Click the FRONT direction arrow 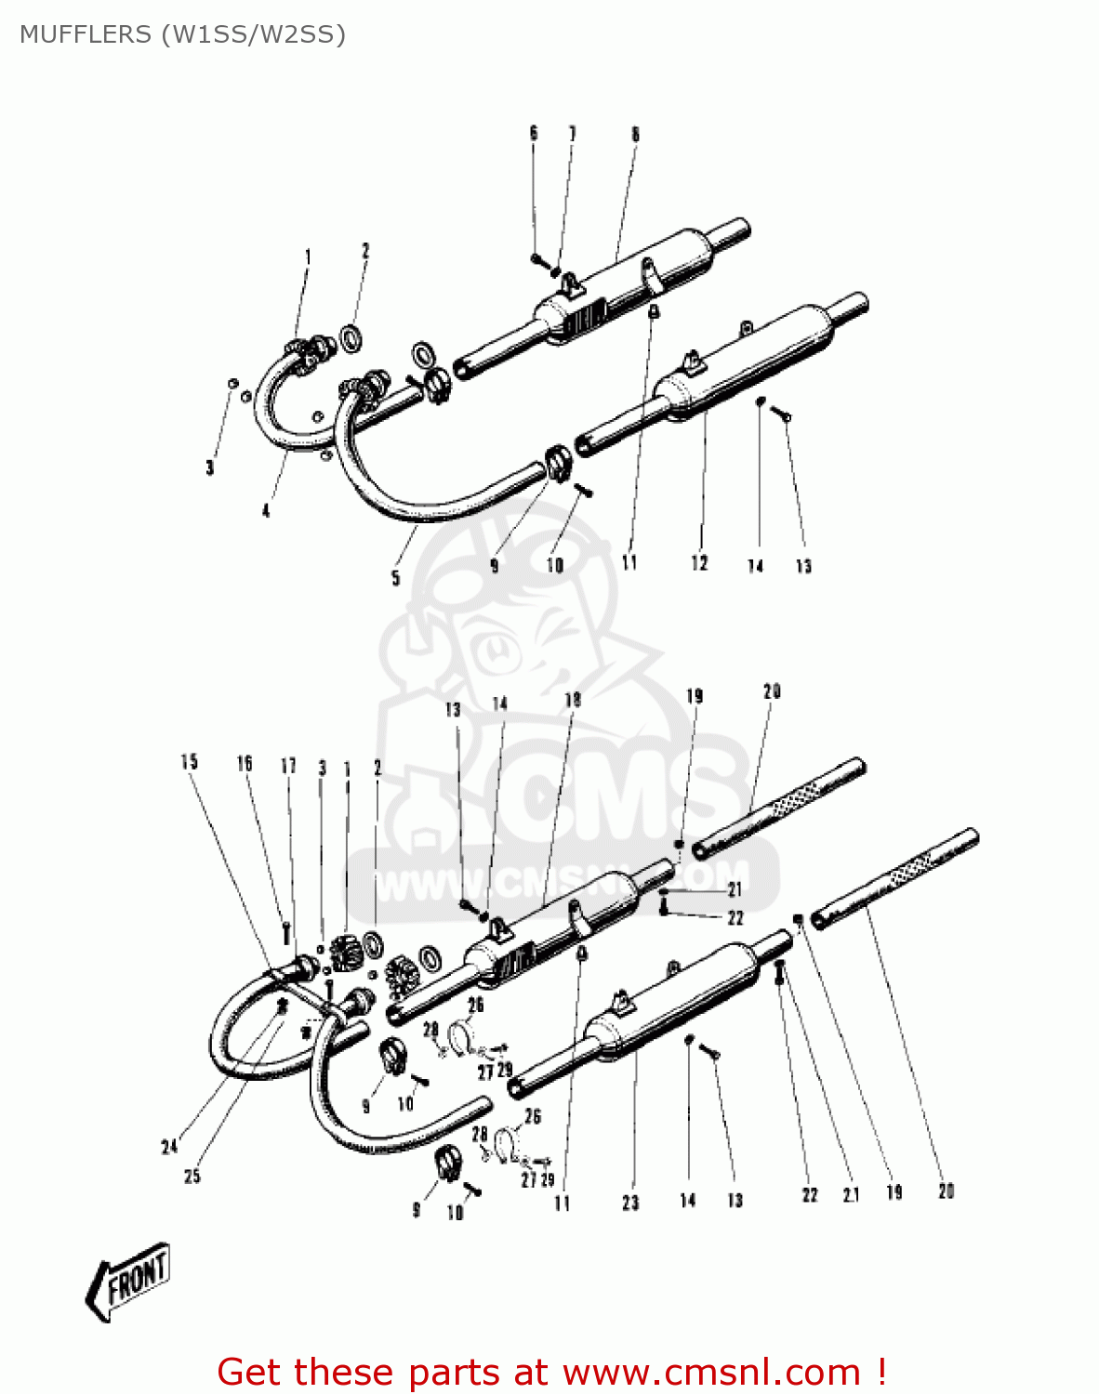128,1281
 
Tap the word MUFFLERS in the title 85,34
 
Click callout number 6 534,134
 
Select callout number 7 572,134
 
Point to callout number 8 635,134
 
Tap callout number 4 266,510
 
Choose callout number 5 395,578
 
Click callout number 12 699,562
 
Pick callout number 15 190,762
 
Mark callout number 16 245,763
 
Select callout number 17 288,766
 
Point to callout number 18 573,699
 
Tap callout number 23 630,1203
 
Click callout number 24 169,1147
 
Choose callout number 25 192,1177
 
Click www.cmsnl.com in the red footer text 712,1372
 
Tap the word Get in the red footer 250,1372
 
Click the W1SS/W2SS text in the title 253,34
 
